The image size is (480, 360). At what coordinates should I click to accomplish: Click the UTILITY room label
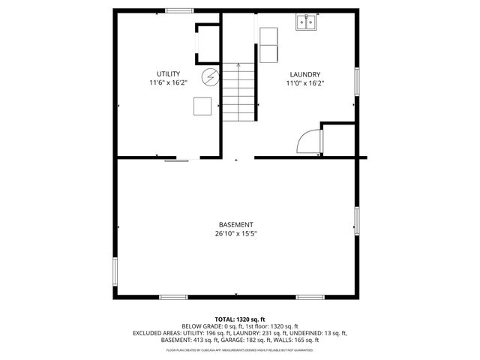167,73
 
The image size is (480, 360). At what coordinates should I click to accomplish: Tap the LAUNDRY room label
304,74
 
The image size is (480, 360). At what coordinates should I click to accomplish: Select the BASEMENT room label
235,225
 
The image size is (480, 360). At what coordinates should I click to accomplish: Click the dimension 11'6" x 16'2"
167,82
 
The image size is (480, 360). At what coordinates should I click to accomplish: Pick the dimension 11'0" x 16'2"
304,83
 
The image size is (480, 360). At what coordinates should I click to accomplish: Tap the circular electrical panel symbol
211,76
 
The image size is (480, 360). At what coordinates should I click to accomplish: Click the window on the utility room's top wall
178,10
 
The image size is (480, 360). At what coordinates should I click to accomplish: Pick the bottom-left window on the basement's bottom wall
173,297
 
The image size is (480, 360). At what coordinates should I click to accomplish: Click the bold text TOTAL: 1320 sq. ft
240,319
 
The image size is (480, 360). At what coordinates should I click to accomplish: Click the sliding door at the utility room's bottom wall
177,159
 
